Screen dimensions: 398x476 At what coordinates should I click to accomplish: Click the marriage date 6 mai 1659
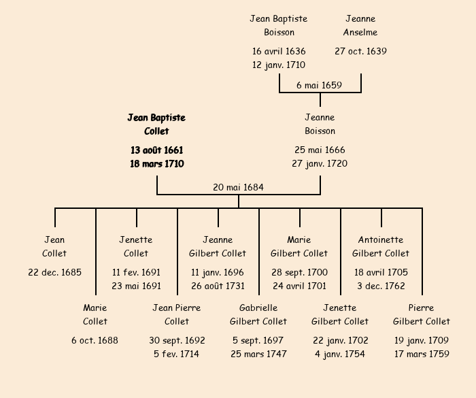click(x=320, y=85)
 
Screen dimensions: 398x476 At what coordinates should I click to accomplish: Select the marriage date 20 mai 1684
click(x=238, y=187)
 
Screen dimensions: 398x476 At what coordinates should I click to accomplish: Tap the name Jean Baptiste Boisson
click(x=279, y=25)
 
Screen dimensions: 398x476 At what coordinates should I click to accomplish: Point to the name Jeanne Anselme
click(x=360, y=25)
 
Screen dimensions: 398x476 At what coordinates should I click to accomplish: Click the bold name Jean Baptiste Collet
click(x=156, y=124)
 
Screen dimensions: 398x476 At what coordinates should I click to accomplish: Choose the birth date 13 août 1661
click(x=156, y=150)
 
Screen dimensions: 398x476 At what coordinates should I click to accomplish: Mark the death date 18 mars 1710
click(x=156, y=163)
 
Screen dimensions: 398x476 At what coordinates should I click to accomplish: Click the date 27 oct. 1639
click(x=360, y=51)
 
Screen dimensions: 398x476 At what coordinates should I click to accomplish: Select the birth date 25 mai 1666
click(x=320, y=150)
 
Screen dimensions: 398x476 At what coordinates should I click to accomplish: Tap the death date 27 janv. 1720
click(x=320, y=163)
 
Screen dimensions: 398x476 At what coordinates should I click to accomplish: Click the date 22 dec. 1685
click(x=54, y=272)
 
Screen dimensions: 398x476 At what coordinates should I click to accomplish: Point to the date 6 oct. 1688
click(x=95, y=340)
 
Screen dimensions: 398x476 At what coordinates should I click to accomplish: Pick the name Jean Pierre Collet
click(x=177, y=314)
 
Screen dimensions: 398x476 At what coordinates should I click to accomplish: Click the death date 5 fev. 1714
click(x=177, y=354)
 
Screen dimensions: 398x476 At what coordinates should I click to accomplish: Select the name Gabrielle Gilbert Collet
click(x=258, y=314)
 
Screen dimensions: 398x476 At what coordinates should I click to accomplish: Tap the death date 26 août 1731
click(x=218, y=286)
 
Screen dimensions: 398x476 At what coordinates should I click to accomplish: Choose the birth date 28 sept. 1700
click(x=299, y=272)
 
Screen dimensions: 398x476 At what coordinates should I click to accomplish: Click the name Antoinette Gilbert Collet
click(x=381, y=246)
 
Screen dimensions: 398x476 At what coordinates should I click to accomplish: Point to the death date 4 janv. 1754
click(x=340, y=354)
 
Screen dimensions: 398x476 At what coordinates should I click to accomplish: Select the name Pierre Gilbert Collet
click(x=422, y=314)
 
